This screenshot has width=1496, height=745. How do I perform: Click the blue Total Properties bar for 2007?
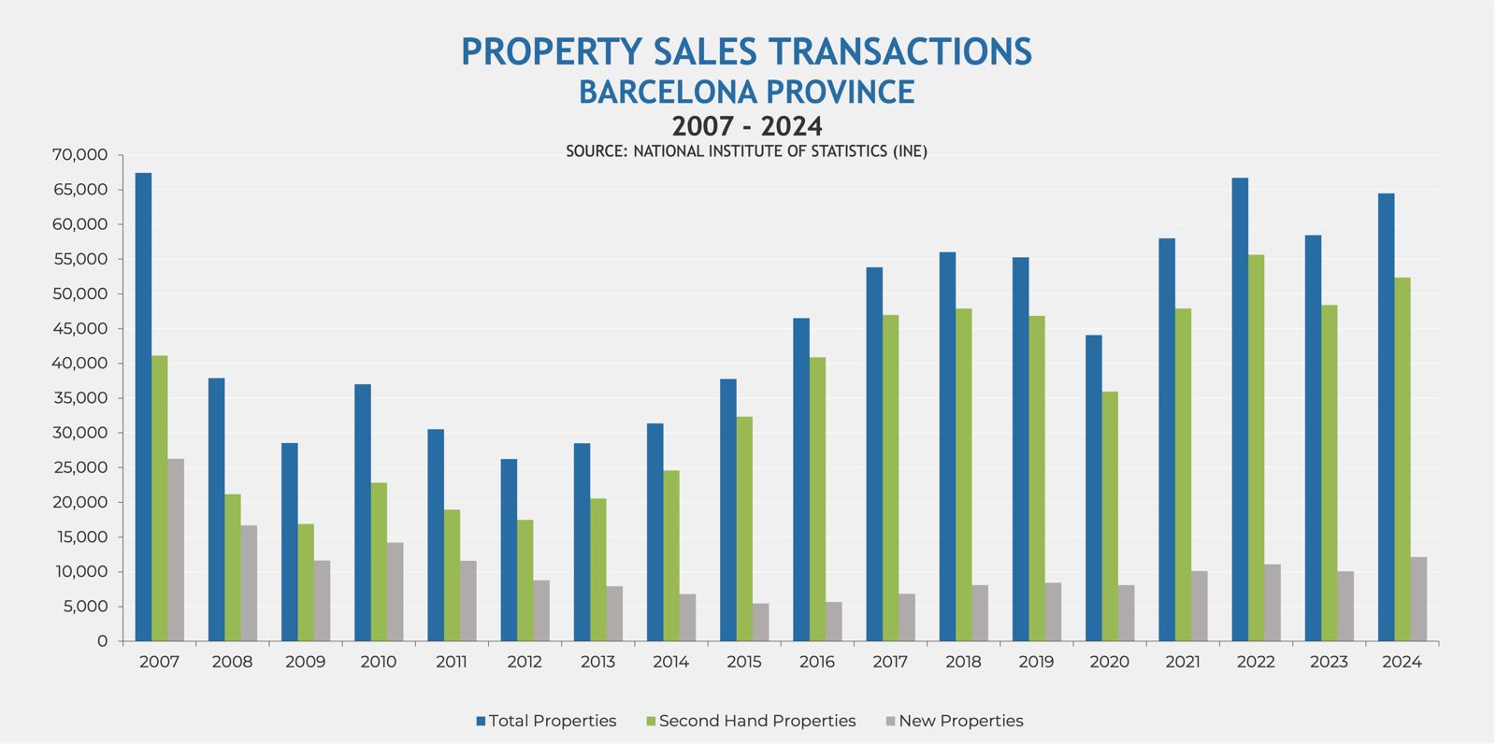[143, 407]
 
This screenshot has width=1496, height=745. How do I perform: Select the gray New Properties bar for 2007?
[176, 550]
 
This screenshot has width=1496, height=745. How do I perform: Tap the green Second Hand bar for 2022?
[1256, 448]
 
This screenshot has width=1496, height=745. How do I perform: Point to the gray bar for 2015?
[761, 622]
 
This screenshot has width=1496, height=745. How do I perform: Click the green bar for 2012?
[525, 580]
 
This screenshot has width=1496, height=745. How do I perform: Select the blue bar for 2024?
[1386, 417]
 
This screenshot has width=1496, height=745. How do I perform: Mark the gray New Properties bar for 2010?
[396, 592]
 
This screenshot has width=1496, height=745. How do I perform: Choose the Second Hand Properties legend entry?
[756, 721]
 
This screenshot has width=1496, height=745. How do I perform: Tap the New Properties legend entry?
[960, 721]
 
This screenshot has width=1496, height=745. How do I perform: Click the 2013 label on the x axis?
[597, 662]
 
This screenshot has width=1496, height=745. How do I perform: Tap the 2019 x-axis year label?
[1036, 662]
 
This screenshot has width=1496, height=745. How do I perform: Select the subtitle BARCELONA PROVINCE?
[746, 92]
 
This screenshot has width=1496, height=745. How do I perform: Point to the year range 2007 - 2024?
[746, 125]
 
